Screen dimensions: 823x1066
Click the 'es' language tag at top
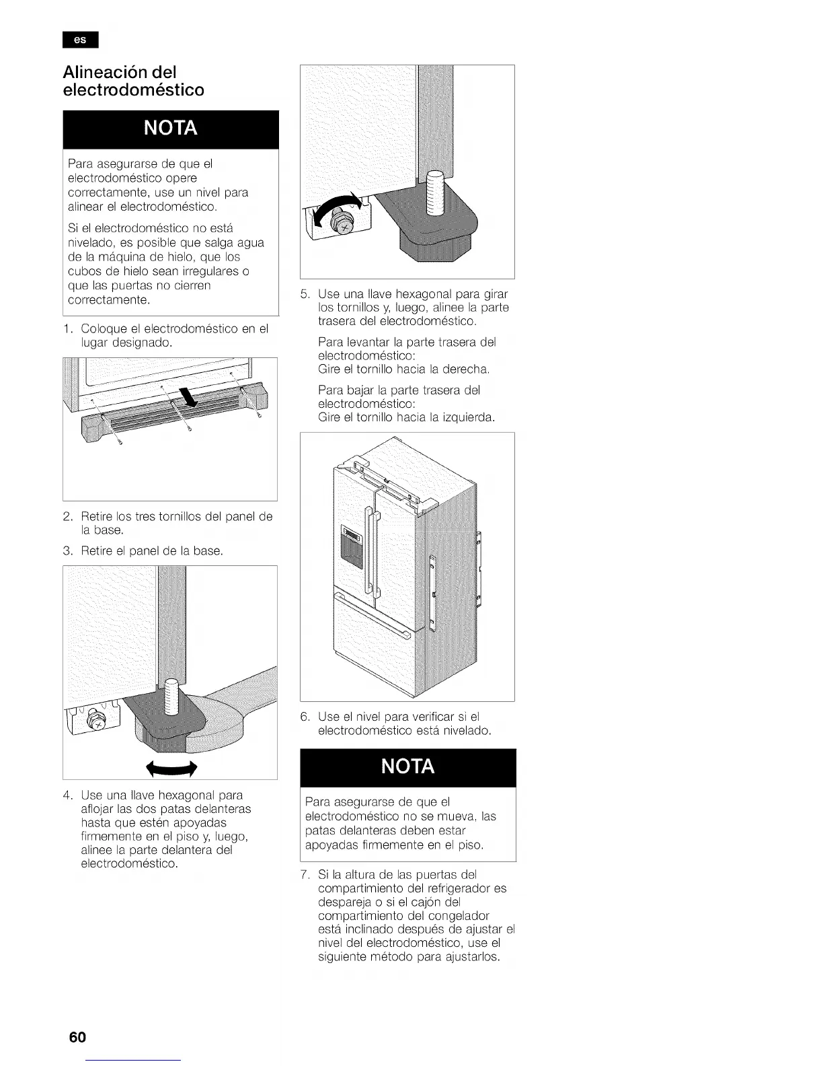pyautogui.click(x=80, y=40)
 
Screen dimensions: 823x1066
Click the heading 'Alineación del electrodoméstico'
pyautogui.click(x=133, y=81)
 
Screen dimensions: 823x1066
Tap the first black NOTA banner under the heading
pyautogui.click(x=171, y=129)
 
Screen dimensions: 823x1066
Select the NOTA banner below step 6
pyautogui.click(x=407, y=767)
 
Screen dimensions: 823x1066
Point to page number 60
pyautogui.click(x=77, y=1036)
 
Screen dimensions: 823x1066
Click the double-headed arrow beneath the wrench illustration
pyautogui.click(x=171, y=768)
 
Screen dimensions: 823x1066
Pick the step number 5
pyautogui.click(x=304, y=294)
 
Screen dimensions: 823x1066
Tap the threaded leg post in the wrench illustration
pyautogui.click(x=171, y=699)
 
